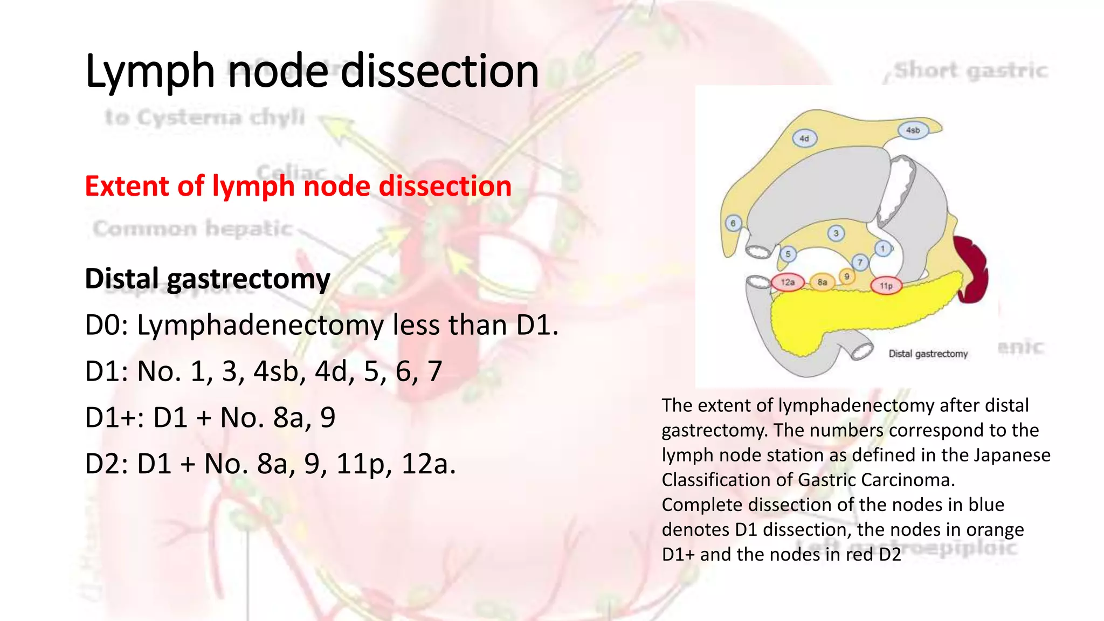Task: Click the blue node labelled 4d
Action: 804,139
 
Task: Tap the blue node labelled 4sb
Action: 913,130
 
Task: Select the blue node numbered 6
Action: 733,223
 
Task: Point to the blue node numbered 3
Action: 836,233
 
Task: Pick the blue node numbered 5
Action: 788,254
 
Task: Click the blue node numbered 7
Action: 860,263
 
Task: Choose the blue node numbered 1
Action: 883,249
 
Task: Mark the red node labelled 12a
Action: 788,282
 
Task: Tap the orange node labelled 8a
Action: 822,282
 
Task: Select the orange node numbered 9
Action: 847,277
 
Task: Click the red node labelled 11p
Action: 886,285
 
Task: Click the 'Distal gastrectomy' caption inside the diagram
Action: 928,354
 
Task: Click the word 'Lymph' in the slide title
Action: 150,72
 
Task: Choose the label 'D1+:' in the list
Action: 114,418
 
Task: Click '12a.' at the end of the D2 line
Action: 429,464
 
